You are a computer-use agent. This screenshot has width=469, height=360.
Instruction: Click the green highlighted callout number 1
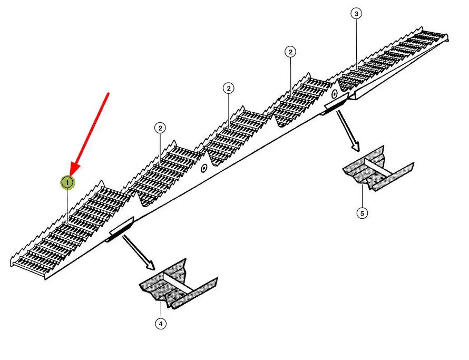click(x=67, y=182)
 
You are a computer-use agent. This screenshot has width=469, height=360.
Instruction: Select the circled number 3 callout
click(x=357, y=14)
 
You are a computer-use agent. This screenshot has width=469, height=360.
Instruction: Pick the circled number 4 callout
click(x=160, y=324)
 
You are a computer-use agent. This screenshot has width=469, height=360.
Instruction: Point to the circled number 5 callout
click(x=362, y=213)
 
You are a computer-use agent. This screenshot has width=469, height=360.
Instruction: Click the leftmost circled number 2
click(x=160, y=128)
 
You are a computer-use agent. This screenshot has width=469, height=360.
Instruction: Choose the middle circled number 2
click(x=229, y=88)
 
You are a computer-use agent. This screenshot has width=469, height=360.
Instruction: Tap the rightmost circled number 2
click(x=290, y=52)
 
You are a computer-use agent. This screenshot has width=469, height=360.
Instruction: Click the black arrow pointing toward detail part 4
click(x=138, y=252)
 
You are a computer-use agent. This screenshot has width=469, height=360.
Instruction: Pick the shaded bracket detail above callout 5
click(x=377, y=170)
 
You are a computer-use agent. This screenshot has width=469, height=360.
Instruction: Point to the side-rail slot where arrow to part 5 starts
click(x=335, y=105)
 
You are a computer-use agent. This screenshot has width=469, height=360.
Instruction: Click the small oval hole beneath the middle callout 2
click(x=204, y=168)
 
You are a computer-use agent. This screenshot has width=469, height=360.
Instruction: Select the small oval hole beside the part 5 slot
click(x=334, y=94)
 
